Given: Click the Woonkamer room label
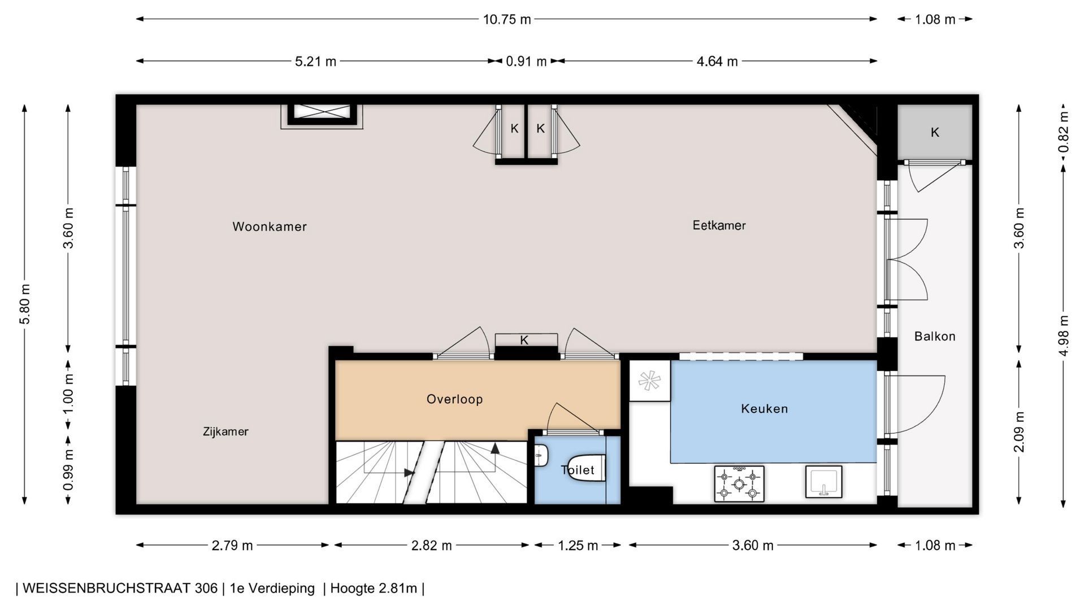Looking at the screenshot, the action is coord(270,226).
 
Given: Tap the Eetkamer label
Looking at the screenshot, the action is coord(719,225).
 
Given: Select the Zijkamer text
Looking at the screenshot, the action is coord(225,432).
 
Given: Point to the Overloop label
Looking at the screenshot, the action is coord(454,399).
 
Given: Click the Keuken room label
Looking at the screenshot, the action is coord(764,408).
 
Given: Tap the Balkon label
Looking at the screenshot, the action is coord(935,336).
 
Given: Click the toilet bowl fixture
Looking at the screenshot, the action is coord(586,468).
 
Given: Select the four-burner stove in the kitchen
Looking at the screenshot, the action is coord(739,483).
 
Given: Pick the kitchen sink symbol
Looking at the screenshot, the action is coord(823,482).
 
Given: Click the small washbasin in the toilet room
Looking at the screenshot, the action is coord(541,455).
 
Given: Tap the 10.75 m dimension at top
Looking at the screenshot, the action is coord(507,19).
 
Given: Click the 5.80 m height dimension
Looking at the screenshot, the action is coord(25,304).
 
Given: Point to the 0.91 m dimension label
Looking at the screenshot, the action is coord(526,61).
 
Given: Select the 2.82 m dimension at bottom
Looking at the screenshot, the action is coord(431,545).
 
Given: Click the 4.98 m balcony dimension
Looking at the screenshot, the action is coord(1064,335).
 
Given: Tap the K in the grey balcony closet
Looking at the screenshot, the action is coord(935,132).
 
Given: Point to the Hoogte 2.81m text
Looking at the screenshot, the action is coord(374,588).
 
